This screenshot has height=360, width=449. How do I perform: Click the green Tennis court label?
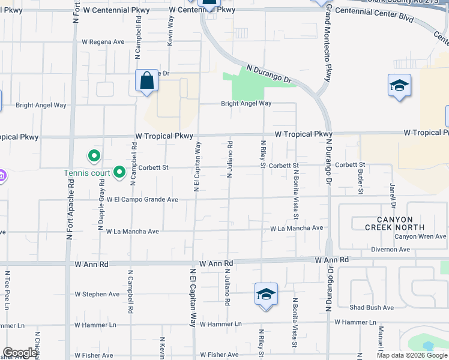87,173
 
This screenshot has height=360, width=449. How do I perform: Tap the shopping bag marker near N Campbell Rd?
146,80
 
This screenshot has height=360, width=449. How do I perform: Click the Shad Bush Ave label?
372,307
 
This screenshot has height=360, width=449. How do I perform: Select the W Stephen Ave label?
97,294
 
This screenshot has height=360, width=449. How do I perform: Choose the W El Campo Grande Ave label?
142,199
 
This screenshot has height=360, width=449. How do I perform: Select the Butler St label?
361,181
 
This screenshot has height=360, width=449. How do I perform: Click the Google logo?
19,353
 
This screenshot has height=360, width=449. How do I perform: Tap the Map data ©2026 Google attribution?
411,355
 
